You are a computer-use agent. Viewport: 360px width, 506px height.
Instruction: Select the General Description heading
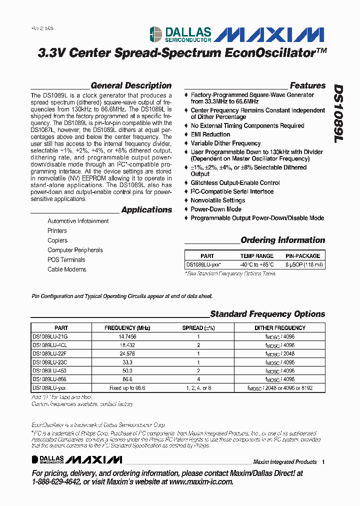[131, 85]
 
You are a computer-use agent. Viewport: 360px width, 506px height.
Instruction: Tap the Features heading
[307, 85]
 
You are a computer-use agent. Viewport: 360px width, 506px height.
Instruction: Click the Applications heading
[146, 210]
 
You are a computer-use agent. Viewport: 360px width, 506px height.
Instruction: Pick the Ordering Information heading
[282, 240]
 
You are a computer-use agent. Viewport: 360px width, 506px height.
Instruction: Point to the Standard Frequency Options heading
[267, 314]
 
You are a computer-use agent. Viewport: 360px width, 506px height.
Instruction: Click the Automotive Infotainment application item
[78, 221]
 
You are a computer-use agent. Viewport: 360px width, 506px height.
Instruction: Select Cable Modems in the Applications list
[67, 269]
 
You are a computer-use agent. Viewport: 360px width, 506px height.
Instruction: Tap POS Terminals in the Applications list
[66, 260]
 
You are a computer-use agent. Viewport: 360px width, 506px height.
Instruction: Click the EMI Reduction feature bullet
[210, 134]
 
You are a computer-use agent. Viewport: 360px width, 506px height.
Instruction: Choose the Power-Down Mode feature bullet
[216, 209]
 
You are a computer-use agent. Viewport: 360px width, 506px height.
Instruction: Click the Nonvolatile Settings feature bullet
[218, 200]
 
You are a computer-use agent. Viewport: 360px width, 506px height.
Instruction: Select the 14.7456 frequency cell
[127, 337]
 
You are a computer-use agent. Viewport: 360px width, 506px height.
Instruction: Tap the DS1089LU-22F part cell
[50, 354]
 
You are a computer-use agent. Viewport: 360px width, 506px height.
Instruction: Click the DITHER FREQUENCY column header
[280, 328]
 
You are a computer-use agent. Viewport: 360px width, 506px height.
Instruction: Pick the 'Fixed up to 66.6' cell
[127, 388]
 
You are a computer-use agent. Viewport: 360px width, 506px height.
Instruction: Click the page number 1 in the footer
[323, 462]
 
